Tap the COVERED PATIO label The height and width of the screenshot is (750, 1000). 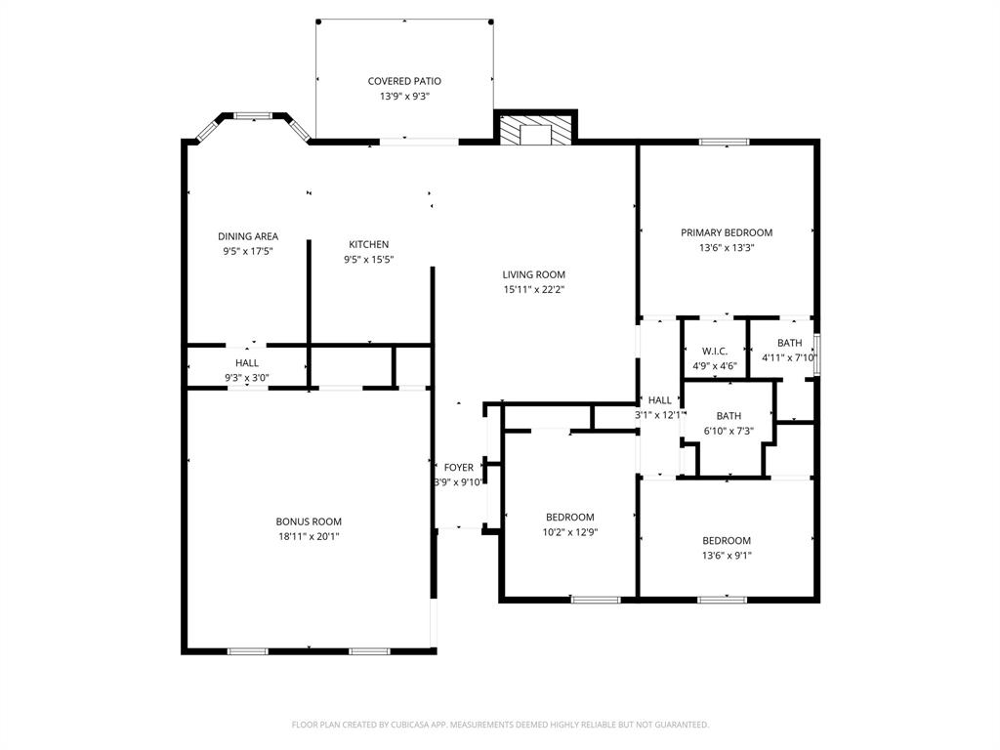click(x=404, y=81)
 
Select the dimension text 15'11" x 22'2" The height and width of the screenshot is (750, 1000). click(x=534, y=289)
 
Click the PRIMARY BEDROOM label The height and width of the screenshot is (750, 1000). click(x=727, y=232)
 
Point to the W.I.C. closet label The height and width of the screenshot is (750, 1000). click(x=714, y=352)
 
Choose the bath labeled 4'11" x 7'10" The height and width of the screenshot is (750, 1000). click(x=789, y=343)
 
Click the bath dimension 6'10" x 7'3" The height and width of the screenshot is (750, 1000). click(x=729, y=431)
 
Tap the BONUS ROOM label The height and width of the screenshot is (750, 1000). click(x=309, y=521)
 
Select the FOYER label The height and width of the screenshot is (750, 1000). click(x=458, y=468)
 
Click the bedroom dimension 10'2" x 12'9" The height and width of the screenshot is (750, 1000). click(x=570, y=532)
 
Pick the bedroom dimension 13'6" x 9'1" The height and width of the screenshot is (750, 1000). click(x=727, y=556)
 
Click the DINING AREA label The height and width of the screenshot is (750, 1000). click(x=248, y=236)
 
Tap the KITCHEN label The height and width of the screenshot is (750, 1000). click(x=369, y=244)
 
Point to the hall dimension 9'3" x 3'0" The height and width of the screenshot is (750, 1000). click(x=247, y=377)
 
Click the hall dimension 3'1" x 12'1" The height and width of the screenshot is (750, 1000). click(x=660, y=415)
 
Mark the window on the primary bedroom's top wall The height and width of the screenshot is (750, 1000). click(x=724, y=143)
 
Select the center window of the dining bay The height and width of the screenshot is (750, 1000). click(x=252, y=116)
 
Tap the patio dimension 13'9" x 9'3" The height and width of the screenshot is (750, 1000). click(x=404, y=97)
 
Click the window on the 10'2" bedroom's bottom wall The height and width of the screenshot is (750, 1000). click(x=596, y=599)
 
